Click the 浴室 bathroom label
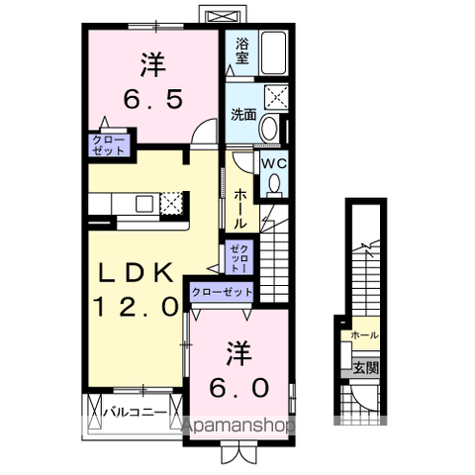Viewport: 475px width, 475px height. click(x=242, y=52)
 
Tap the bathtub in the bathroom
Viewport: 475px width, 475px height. click(x=273, y=52)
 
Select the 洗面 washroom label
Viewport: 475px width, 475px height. click(x=243, y=114)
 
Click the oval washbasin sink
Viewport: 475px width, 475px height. click(x=269, y=129)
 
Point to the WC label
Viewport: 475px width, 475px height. click(x=274, y=163)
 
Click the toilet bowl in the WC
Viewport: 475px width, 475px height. click(x=274, y=183)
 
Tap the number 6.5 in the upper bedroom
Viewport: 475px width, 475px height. click(x=153, y=99)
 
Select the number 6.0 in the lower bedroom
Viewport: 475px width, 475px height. click(x=239, y=388)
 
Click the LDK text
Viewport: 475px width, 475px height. click(x=137, y=272)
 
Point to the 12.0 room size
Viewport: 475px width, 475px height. click(x=137, y=307)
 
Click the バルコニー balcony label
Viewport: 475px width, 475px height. click(x=136, y=412)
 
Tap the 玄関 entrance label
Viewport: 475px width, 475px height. click(x=365, y=368)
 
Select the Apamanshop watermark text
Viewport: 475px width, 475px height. click(x=238, y=426)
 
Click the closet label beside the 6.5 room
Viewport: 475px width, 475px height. click(x=109, y=145)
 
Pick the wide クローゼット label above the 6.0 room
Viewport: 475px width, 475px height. click(x=222, y=292)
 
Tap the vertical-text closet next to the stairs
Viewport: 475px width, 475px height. click(x=238, y=258)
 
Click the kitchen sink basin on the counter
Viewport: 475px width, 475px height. click(x=144, y=204)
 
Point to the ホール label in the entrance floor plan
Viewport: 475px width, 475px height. click(x=365, y=335)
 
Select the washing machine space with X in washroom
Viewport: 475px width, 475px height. click(x=276, y=96)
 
